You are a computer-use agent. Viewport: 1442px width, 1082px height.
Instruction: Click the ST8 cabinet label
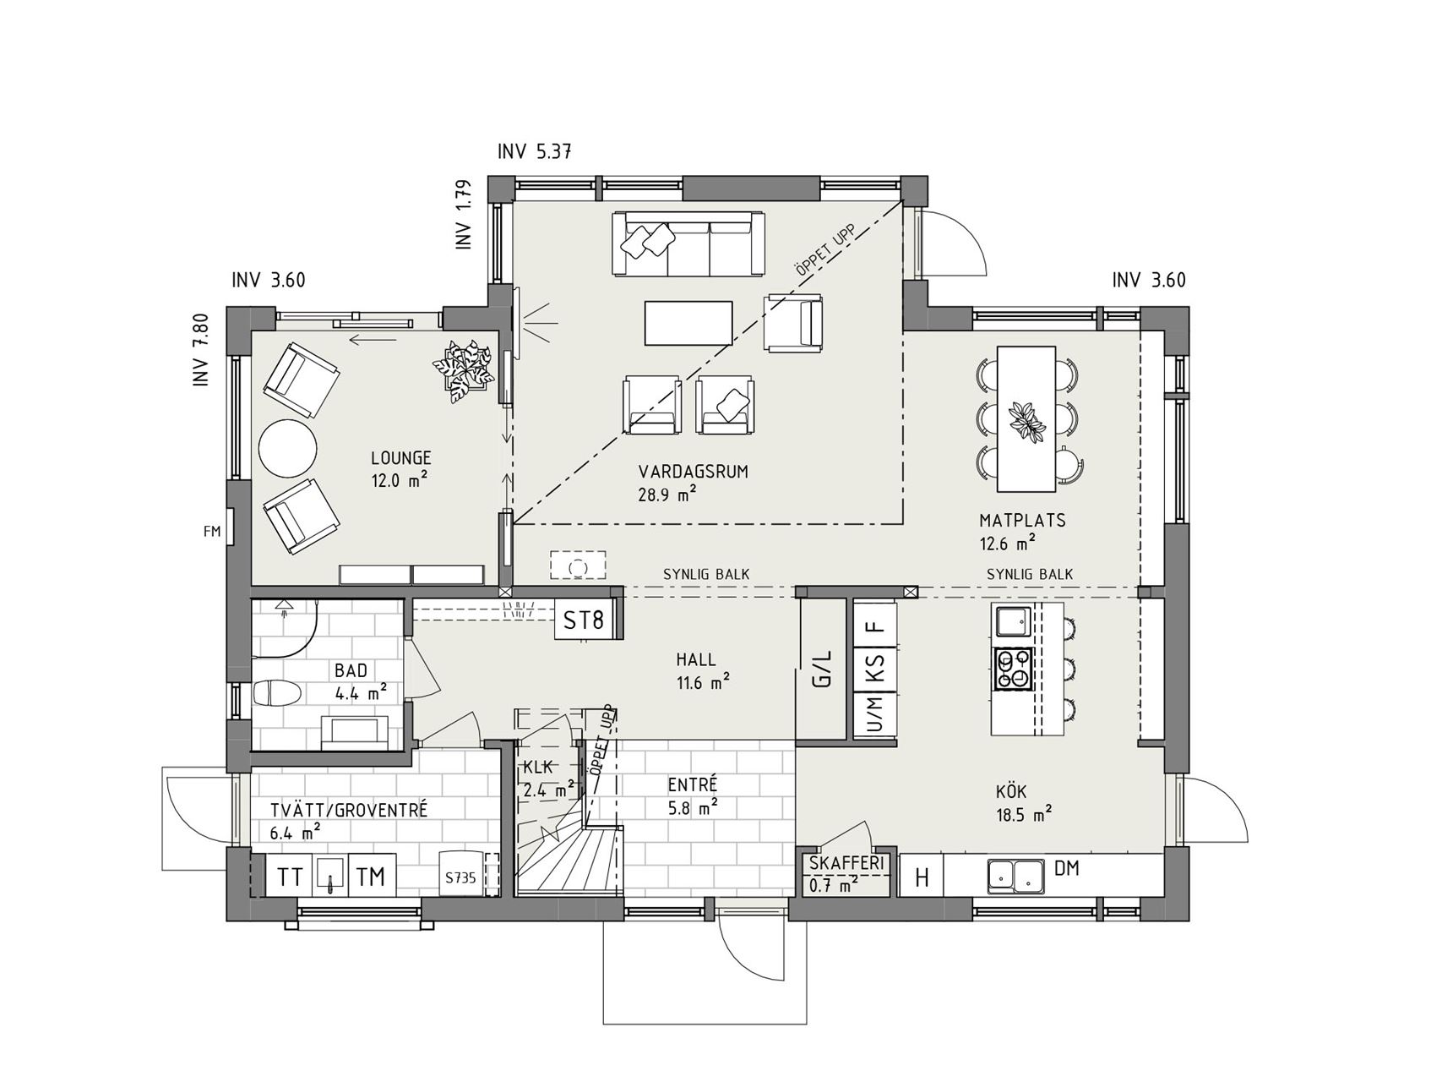[584, 621]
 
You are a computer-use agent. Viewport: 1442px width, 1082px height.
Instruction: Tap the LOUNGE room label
[401, 458]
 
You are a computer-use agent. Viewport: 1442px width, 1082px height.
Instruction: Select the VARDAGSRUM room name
[694, 472]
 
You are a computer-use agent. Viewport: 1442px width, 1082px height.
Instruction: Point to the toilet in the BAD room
[277, 694]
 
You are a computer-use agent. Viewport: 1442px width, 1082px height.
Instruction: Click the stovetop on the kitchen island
[1014, 668]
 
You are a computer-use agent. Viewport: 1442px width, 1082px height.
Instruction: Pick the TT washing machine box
[290, 877]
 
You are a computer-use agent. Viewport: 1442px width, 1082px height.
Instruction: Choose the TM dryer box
[371, 877]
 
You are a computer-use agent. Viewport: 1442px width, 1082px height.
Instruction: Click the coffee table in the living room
[688, 322]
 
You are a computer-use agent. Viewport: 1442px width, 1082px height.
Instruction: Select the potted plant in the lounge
[464, 365]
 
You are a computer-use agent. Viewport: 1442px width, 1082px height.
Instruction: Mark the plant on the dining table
[1026, 420]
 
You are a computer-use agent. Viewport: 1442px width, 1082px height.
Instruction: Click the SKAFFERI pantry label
[846, 864]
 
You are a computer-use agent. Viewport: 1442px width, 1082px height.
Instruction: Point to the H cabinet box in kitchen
[922, 877]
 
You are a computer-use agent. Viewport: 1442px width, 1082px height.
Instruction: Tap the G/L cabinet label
[822, 668]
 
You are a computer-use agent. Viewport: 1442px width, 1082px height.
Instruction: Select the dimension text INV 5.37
[535, 152]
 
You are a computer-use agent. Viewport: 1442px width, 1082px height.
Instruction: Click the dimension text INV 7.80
[200, 350]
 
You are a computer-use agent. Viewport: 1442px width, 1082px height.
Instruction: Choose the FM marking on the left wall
[212, 532]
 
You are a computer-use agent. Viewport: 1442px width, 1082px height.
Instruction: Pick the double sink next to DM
[1015, 876]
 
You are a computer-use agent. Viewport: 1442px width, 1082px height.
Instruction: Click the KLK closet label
[538, 768]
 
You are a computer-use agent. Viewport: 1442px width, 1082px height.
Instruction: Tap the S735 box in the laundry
[461, 877]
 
